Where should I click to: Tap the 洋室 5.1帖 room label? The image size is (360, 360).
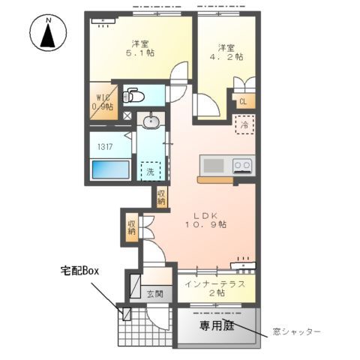(138, 48)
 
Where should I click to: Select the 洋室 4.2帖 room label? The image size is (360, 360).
(226, 50)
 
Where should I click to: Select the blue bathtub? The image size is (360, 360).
(110, 169)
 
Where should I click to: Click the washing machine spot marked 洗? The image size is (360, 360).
(151, 171)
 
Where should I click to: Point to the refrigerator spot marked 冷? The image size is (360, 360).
(244, 125)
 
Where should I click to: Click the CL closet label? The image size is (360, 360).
(243, 102)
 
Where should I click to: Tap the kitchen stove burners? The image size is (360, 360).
(242, 165)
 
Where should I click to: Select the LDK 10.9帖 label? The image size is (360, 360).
(206, 218)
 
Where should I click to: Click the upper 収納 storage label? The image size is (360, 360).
(162, 196)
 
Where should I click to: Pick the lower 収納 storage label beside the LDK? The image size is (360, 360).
(132, 226)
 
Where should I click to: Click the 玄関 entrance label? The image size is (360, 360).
(154, 293)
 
